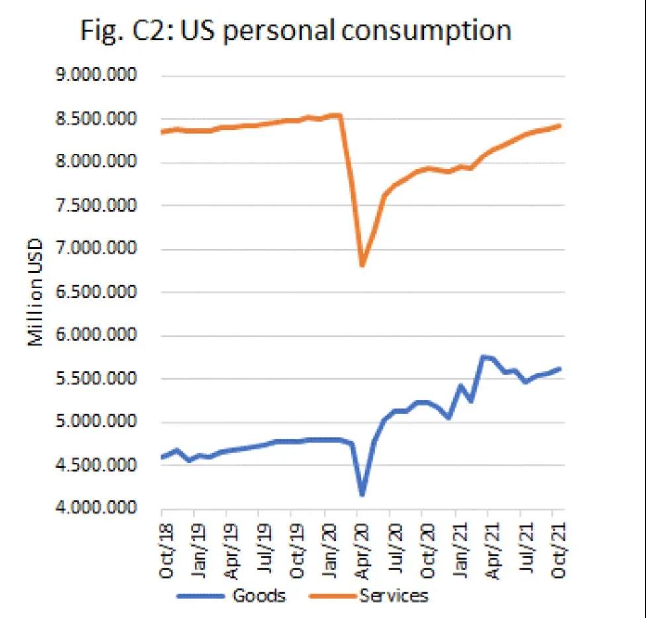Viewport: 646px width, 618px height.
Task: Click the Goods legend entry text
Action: pyautogui.click(x=258, y=596)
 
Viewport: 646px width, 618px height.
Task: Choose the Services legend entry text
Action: pyautogui.click(x=394, y=596)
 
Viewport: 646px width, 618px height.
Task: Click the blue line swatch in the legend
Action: pyautogui.click(x=201, y=596)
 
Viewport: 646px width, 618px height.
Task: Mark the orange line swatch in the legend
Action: pyautogui.click(x=334, y=596)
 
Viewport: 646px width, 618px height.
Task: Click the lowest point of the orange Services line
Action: pyautogui.click(x=362, y=265)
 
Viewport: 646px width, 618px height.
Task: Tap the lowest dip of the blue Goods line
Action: pyautogui.click(x=362, y=494)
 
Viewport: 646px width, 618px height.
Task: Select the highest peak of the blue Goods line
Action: pyautogui.click(x=483, y=357)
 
